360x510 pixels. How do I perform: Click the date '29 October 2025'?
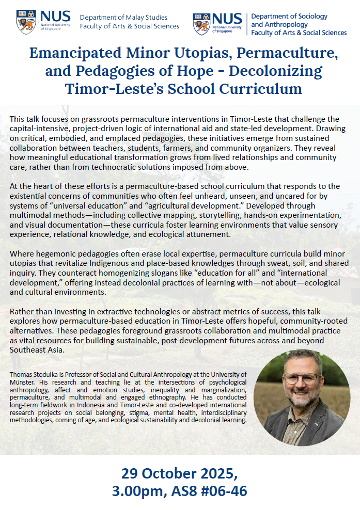point(179,473)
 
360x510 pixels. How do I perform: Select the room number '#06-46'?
point(222,491)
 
